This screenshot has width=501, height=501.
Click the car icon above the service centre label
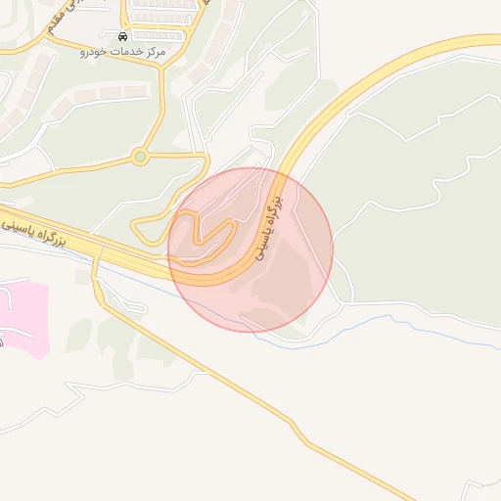tap(122, 35)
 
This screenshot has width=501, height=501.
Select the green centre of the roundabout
tap(141, 156)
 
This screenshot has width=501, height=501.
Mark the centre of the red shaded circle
tap(250, 250)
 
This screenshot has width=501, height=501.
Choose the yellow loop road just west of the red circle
tap(142, 230)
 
